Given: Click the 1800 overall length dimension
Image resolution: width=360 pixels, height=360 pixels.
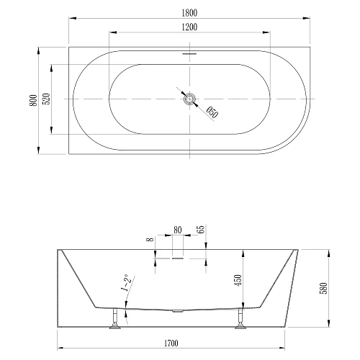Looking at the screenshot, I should pyautogui.click(x=189, y=12).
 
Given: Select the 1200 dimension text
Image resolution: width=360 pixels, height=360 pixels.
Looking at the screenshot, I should pyautogui.click(x=189, y=27).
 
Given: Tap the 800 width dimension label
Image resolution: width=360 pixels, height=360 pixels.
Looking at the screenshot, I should pyautogui.click(x=32, y=101).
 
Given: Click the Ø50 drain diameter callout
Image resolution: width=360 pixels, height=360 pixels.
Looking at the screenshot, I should pyautogui.click(x=212, y=112).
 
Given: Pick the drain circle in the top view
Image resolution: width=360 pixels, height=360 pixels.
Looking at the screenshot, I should pyautogui.click(x=189, y=99).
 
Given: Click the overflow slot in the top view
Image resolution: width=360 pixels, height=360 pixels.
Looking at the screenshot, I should pyautogui.click(x=189, y=53).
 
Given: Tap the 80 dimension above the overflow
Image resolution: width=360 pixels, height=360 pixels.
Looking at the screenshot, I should pyautogui.click(x=177, y=231).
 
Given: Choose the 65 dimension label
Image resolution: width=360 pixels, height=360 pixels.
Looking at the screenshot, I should pyautogui.click(x=200, y=231).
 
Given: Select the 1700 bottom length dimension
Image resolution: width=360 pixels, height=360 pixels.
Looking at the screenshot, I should pyautogui.click(x=179, y=351).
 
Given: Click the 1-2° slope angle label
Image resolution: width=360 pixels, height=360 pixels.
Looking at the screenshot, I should pyautogui.click(x=127, y=284).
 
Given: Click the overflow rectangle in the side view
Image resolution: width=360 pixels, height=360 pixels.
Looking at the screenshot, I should pyautogui.click(x=177, y=253).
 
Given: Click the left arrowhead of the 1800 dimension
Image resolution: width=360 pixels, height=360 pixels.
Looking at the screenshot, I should pyautogui.click(x=70, y=18).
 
